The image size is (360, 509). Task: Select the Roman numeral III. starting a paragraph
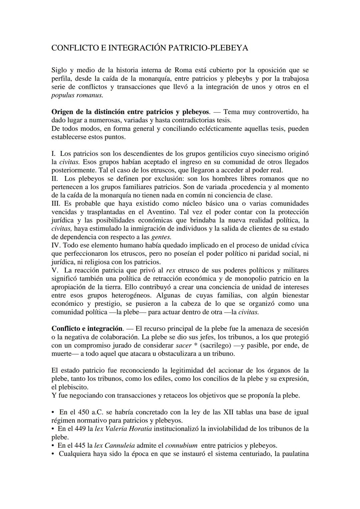(x=56, y=204)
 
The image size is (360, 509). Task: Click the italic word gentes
(x=161, y=237)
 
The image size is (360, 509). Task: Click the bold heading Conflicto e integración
(x=87, y=328)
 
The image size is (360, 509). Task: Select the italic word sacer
(x=183, y=345)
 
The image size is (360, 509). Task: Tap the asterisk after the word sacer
(x=195, y=345)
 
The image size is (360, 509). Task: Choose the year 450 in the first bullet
(x=84, y=412)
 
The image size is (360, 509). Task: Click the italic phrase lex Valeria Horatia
(x=123, y=429)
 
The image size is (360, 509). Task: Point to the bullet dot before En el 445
(x=53, y=446)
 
